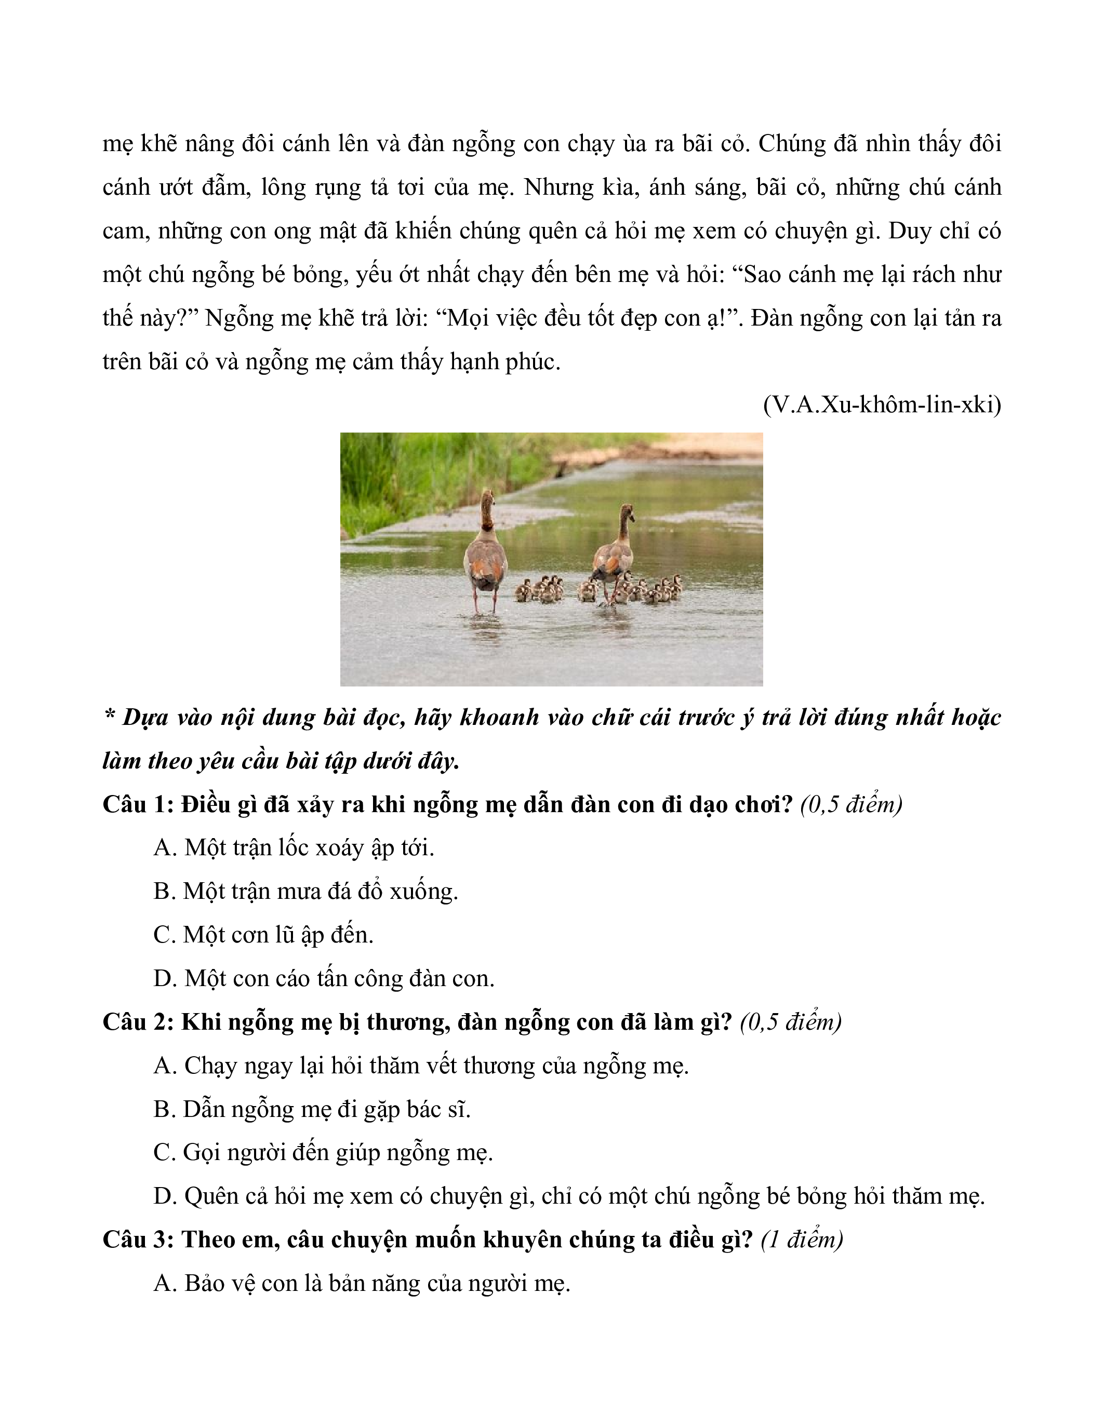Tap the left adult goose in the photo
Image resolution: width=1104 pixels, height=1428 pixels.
pyautogui.click(x=485, y=556)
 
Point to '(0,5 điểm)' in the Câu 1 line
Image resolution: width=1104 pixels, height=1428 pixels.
pyautogui.click(x=851, y=804)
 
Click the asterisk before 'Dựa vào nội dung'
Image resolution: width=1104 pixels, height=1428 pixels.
pyautogui.click(x=109, y=714)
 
